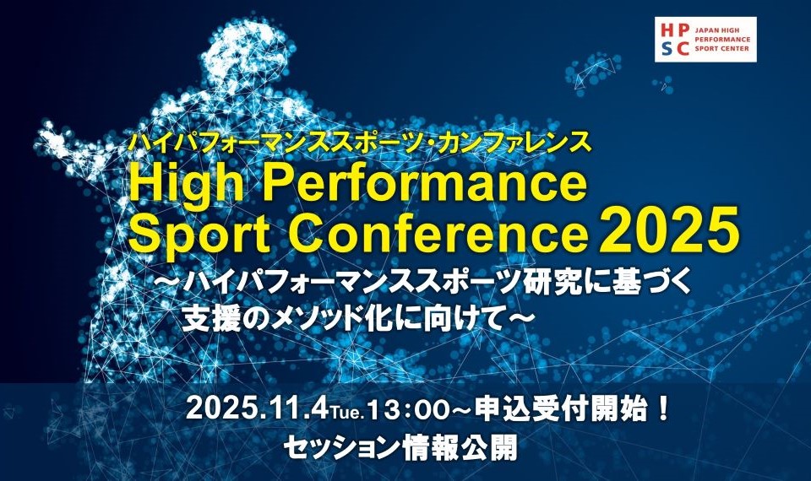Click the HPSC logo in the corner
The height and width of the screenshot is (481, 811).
(705, 40)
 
